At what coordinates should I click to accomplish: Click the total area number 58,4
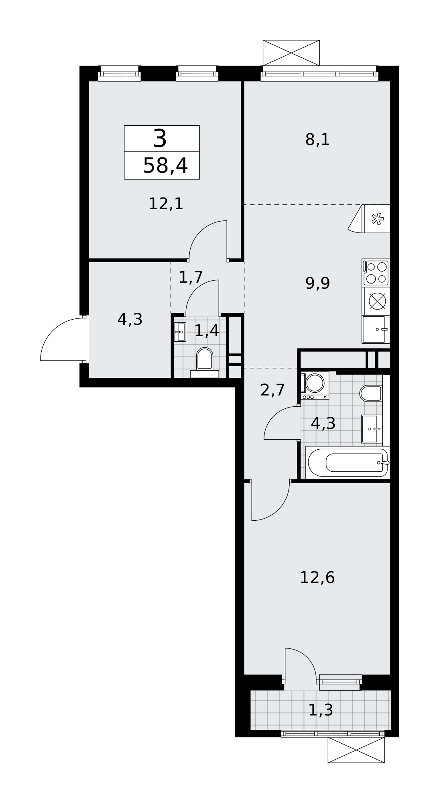coord(165,166)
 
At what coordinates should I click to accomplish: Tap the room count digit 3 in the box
coord(160,139)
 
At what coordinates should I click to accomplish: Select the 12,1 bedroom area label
coord(166,204)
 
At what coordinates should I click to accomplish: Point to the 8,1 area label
coord(317,140)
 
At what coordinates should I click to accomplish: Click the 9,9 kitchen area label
coord(317,283)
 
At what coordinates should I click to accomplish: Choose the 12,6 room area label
coord(317,577)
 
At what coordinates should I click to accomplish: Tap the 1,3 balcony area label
coord(321,710)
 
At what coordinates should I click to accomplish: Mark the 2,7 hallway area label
coord(272,390)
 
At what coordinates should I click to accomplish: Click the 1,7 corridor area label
coord(191,277)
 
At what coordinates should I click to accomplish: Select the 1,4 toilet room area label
coord(207,331)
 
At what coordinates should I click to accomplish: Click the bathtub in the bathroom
coord(348,463)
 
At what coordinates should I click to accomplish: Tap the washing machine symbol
coord(315,385)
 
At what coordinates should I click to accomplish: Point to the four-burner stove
coord(376,273)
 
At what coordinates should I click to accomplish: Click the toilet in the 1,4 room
coord(205,362)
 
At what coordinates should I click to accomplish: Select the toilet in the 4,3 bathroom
coord(371,393)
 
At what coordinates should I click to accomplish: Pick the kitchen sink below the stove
coord(376,329)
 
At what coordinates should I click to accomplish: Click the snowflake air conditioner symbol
coord(377,219)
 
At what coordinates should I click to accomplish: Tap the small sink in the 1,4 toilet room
coord(180,332)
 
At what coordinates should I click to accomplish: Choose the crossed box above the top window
coord(291,53)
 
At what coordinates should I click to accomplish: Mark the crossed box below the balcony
coord(356,750)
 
